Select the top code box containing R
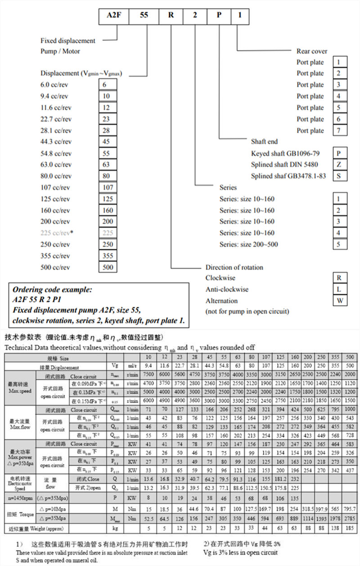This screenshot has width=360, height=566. click(171, 14)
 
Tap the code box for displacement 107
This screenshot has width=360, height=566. click(108, 188)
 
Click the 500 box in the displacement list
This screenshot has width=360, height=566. click(108, 267)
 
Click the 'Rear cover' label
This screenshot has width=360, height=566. click(312, 51)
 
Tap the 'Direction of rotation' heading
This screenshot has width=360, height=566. click(234, 267)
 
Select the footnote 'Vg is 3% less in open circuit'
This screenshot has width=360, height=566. click(240, 552)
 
